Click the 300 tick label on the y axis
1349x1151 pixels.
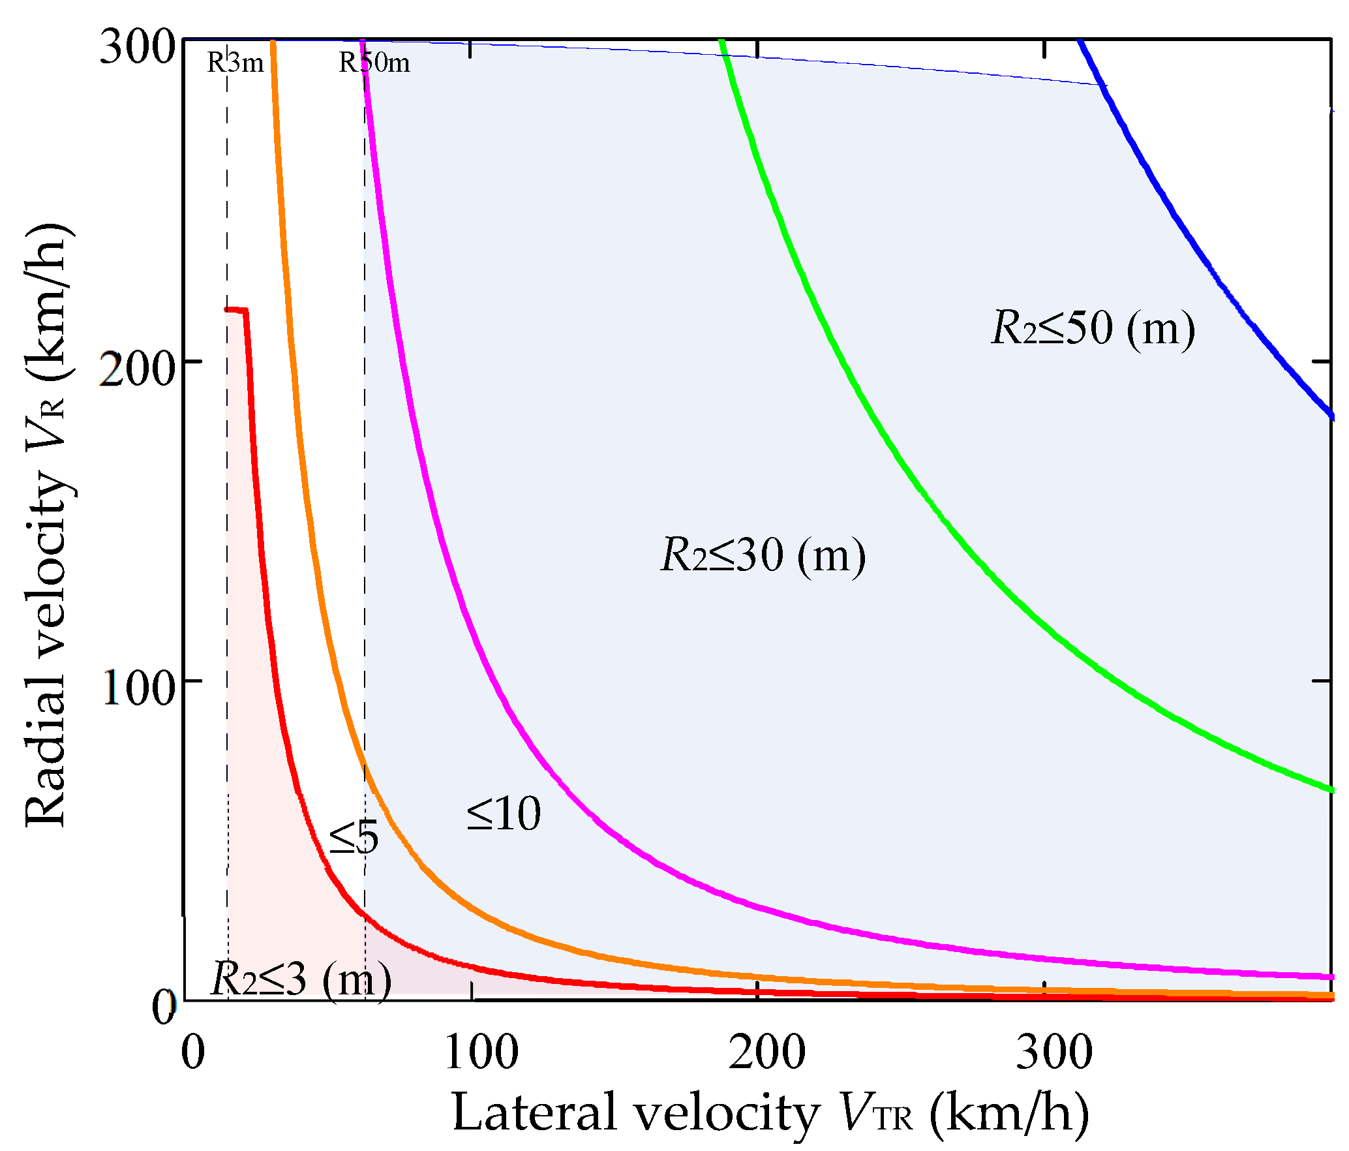(x=137, y=47)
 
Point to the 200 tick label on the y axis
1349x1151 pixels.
(x=137, y=369)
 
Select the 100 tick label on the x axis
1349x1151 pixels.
(x=481, y=1052)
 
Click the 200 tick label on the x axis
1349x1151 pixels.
(x=767, y=1052)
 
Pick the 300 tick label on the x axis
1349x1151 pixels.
(x=1054, y=1052)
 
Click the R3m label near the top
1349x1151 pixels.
(x=235, y=63)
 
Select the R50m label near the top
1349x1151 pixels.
(x=374, y=63)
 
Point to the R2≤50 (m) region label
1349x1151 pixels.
(x=1093, y=328)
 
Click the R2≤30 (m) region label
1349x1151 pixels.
(x=763, y=555)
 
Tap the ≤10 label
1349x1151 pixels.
(x=504, y=814)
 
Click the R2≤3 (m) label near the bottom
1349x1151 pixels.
(x=301, y=979)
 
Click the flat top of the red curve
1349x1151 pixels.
(x=236, y=309)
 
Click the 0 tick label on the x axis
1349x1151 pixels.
(x=193, y=1052)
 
